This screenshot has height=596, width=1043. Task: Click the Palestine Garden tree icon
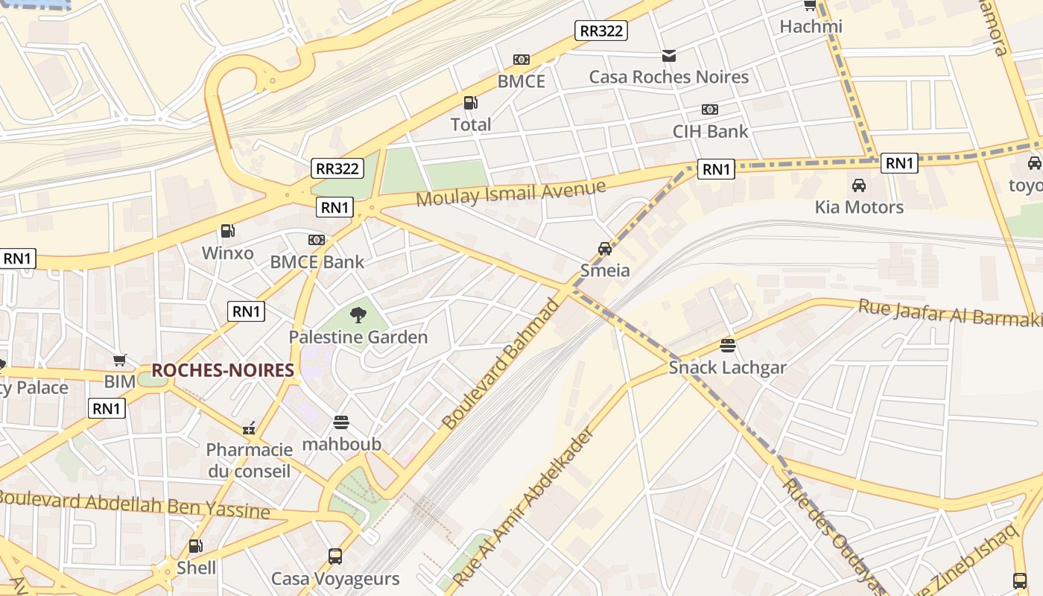tap(358, 315)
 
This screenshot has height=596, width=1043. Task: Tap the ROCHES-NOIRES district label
tap(223, 370)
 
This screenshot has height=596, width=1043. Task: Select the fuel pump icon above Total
tap(470, 103)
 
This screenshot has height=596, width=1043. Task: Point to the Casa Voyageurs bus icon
tap(335, 556)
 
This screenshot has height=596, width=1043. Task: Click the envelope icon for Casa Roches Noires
tap(668, 55)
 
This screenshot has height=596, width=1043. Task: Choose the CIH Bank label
tap(710, 131)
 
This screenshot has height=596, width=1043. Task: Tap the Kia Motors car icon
tap(859, 186)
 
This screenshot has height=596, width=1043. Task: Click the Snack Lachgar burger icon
tap(728, 346)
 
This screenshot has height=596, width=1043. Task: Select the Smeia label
tap(605, 270)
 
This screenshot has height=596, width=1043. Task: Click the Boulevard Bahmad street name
tap(500, 364)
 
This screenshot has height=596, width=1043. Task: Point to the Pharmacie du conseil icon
tap(249, 428)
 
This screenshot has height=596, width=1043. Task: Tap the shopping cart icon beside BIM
tap(120, 361)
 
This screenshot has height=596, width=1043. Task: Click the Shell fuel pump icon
tap(195, 546)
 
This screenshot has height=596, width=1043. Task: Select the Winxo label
tap(228, 253)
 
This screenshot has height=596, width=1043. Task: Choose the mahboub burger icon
tap(341, 423)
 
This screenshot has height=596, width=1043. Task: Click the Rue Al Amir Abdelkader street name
tap(526, 507)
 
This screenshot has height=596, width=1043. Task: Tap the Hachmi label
tap(811, 27)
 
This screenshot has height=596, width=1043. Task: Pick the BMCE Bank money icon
tap(317, 240)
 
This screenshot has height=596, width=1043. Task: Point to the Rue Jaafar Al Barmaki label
tap(950, 312)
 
